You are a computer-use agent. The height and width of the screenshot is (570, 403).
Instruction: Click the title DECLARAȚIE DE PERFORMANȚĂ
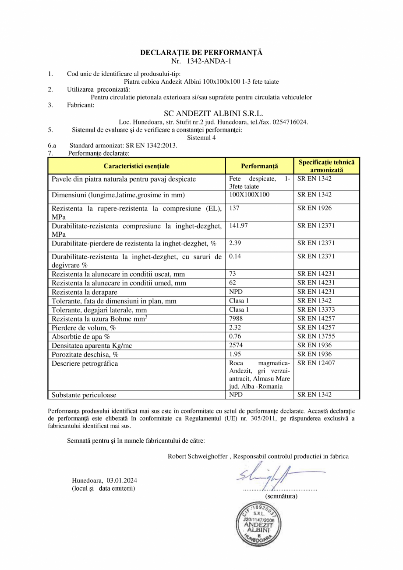[201, 53]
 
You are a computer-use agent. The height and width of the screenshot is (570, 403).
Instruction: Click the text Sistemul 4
[201, 137]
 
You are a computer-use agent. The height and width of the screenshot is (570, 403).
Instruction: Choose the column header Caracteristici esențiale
[136, 166]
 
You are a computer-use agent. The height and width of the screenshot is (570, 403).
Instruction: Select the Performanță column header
[259, 166]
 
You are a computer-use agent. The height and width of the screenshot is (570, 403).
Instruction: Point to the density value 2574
[236, 345]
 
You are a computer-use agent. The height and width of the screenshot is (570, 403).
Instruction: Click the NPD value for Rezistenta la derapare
[236, 292]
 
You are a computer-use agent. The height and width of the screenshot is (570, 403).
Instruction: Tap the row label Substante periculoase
[84, 395]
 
